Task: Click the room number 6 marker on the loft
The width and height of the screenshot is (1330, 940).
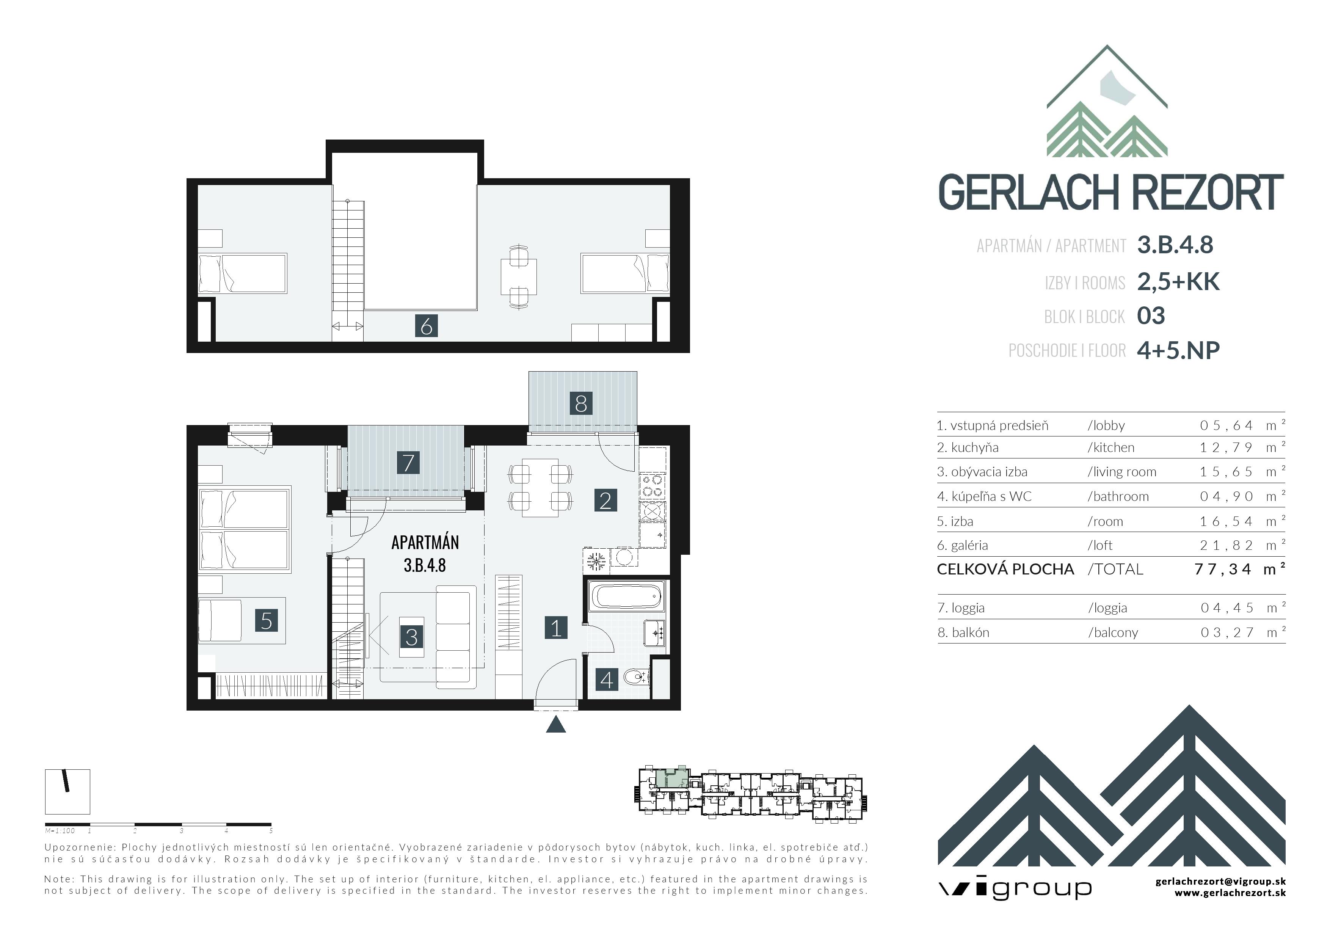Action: pos(427,326)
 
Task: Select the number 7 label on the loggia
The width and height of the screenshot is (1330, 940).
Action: pos(408,463)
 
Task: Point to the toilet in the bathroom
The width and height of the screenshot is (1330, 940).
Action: pos(635,676)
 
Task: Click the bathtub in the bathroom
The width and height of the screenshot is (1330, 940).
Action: pos(626,596)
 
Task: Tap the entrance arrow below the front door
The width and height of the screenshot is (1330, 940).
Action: pos(556,725)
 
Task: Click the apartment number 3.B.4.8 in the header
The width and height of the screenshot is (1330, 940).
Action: pos(1175,245)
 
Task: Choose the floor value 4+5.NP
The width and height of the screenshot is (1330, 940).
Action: pos(1178,350)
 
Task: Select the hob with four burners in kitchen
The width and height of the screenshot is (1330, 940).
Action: pos(652,486)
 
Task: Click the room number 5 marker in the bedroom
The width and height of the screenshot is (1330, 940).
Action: pos(267,621)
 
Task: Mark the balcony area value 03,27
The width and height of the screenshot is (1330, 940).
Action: pos(1227,632)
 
